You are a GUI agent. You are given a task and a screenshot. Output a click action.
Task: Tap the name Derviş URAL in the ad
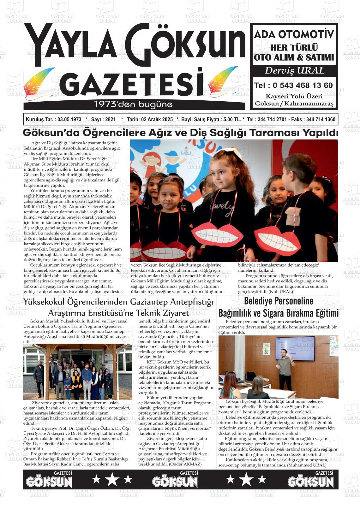[x=294, y=71]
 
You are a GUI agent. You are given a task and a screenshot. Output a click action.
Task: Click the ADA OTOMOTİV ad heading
[x=294, y=34]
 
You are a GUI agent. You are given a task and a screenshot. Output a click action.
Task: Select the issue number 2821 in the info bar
[x=110, y=120]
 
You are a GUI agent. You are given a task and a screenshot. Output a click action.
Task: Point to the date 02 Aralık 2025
[x=157, y=120]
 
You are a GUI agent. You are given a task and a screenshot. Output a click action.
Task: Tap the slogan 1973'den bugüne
[x=134, y=104]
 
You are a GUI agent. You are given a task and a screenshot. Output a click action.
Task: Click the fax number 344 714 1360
[x=321, y=120]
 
